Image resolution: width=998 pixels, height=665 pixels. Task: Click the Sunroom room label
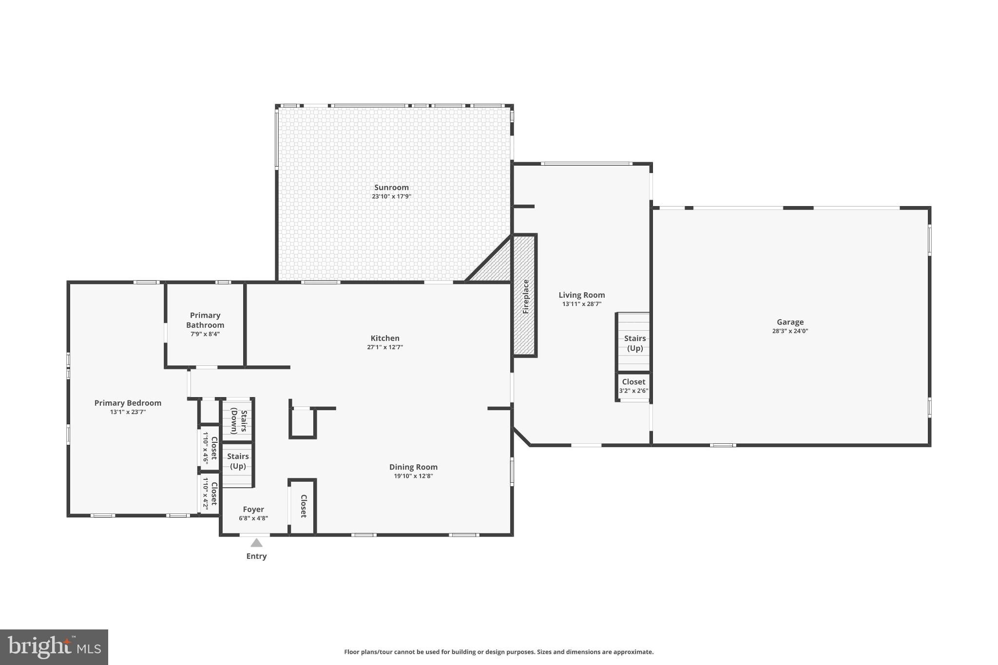point(391,188)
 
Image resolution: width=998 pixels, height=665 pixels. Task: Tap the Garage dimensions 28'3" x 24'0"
point(790,331)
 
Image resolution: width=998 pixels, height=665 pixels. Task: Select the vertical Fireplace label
point(526,296)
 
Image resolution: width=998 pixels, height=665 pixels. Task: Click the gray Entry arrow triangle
point(256,543)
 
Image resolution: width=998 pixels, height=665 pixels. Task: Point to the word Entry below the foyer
point(256,556)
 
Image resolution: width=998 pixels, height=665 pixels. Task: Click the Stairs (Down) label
point(239,421)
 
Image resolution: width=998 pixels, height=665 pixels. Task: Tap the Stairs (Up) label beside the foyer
point(238,461)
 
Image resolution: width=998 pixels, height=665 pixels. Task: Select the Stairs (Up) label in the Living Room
point(634,343)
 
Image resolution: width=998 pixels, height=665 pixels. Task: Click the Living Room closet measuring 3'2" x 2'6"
point(633,386)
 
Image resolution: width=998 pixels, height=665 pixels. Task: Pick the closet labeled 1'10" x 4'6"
point(210,448)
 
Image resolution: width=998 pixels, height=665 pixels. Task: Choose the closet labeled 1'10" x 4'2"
point(210,494)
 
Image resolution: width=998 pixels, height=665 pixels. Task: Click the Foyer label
point(253,510)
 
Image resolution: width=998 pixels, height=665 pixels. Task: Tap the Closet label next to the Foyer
point(303,506)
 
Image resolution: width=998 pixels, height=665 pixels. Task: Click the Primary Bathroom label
point(205,320)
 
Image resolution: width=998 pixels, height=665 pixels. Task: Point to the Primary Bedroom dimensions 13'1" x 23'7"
point(128,412)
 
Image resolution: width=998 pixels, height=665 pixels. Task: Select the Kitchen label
point(385,338)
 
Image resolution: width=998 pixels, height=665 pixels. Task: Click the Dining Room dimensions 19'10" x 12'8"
point(413,476)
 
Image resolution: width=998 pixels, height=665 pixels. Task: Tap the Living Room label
point(581,295)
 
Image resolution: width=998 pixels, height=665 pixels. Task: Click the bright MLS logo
point(54,647)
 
